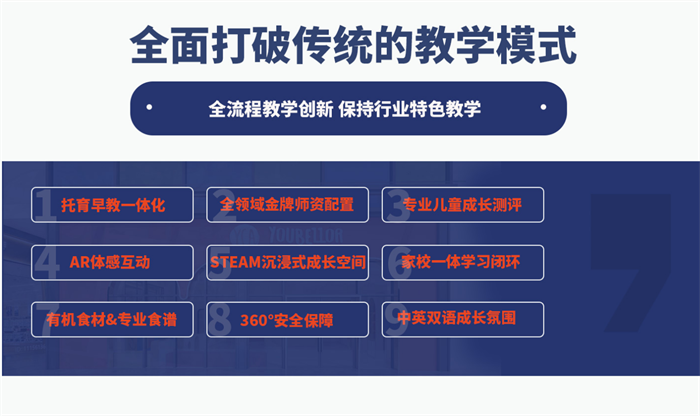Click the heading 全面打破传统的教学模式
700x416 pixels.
[x=353, y=45]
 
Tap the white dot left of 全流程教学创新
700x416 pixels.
[x=149, y=107]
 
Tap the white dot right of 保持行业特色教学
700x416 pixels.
[x=543, y=107]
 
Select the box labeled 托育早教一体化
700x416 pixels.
[x=112, y=205]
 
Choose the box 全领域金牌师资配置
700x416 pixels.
[x=288, y=205]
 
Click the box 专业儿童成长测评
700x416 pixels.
[x=463, y=205]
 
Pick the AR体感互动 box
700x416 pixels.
[x=112, y=262]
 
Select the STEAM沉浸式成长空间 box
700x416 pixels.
[x=288, y=262]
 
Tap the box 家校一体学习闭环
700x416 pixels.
[x=463, y=262]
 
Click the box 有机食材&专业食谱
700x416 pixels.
[x=112, y=320]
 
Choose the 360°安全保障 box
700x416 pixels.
[x=288, y=320]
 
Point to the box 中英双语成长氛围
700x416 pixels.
[x=463, y=320]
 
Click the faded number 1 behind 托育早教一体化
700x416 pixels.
[x=45, y=205]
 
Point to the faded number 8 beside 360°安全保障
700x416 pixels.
[x=220, y=319]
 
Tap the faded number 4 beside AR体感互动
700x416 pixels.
[x=47, y=262]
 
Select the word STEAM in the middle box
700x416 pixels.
[x=235, y=262]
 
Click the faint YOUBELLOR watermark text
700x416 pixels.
[x=306, y=235]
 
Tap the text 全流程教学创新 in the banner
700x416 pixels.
[x=271, y=108]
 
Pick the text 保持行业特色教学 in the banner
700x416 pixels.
[x=409, y=108]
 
